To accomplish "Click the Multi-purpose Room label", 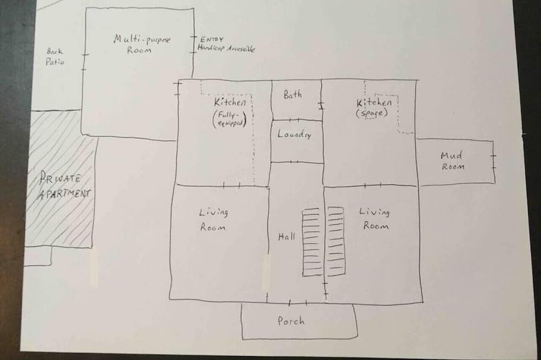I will tap(142, 44).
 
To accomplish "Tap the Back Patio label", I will tap(55, 56).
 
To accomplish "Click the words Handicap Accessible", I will tap(226, 49).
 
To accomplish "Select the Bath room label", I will tap(293, 95).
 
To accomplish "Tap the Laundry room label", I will tap(294, 135).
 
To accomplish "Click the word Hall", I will tap(286, 237).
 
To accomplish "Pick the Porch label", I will tap(291, 321).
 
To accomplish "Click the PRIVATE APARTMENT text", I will tap(63, 185).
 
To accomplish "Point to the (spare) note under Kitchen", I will tap(372, 114).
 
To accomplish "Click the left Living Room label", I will tap(213, 219).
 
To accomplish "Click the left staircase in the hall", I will tap(311, 242).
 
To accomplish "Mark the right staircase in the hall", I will tap(335, 241).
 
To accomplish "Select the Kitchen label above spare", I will tap(374, 103).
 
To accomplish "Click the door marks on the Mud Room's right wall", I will tap(493, 159).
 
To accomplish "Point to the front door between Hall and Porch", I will tap(298, 303).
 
